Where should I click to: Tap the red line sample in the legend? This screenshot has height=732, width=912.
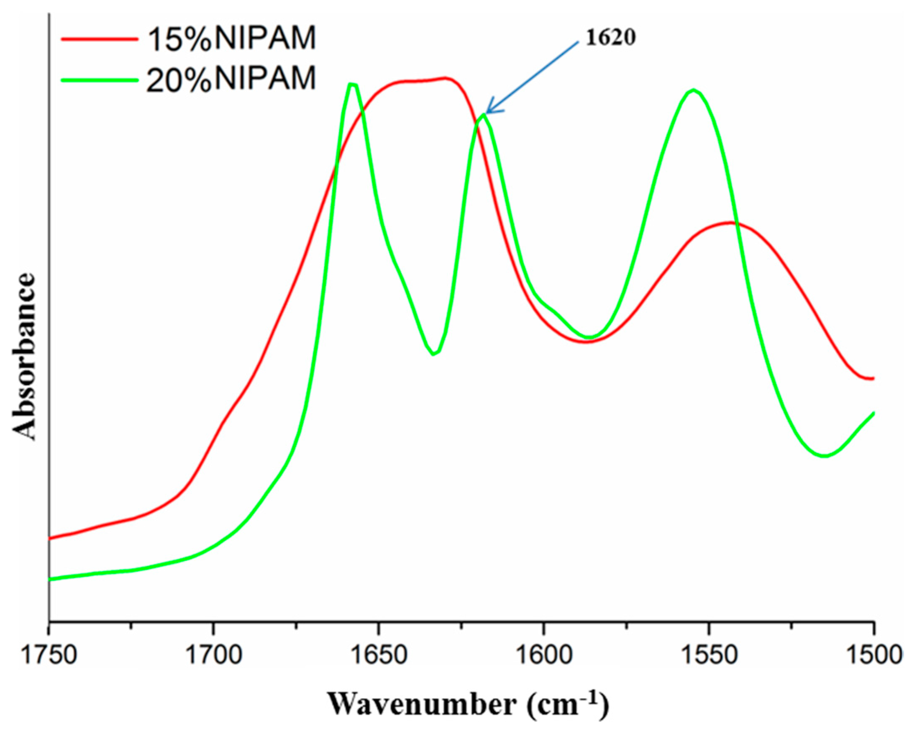tap(100, 39)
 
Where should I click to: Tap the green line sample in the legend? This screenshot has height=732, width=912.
tap(100, 80)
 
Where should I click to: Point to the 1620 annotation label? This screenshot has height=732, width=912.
tap(610, 38)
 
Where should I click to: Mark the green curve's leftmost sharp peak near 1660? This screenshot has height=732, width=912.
tap(352, 84)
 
